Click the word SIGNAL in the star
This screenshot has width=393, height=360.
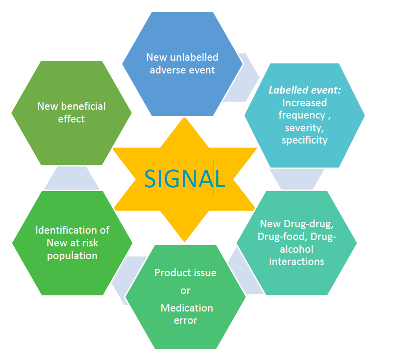coord(184,179)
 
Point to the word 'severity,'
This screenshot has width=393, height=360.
coord(304,128)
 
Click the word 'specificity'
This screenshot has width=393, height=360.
coord(304,140)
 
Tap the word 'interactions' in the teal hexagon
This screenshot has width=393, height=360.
coord(296,262)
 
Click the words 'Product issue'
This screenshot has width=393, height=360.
coord(185,273)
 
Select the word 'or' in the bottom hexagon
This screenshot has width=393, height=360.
coord(185,290)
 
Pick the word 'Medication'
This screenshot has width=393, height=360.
coord(187,308)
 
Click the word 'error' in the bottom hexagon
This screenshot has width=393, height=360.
coord(185,320)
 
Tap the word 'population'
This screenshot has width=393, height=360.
coord(72,255)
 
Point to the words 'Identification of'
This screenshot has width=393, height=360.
coord(72,230)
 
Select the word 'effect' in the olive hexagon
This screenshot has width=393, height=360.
coord(72,119)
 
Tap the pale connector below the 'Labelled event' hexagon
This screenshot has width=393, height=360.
coord(297,179)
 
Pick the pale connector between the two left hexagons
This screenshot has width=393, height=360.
coord(72,178)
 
